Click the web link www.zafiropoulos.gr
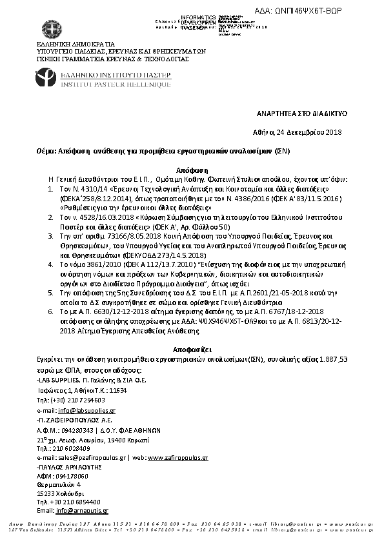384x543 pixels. (x=177, y=457)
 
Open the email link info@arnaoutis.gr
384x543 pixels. (x=82, y=510)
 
